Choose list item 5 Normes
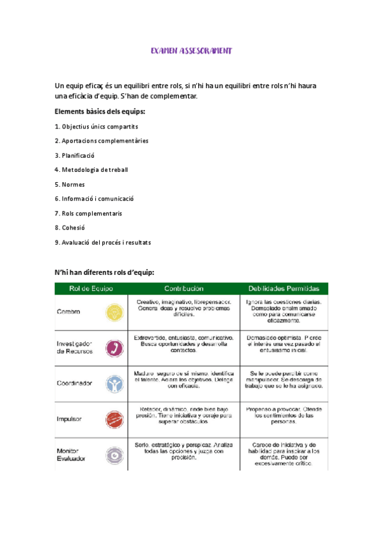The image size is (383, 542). [x=70, y=184]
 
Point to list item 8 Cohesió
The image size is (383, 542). [x=70, y=228]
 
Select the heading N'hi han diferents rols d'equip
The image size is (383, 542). [x=105, y=273]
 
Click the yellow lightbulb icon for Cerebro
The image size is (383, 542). [x=114, y=312]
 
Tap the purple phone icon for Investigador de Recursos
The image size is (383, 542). [x=114, y=348]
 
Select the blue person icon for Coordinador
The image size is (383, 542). [x=114, y=383]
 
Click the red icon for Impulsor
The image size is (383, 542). [x=114, y=419]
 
